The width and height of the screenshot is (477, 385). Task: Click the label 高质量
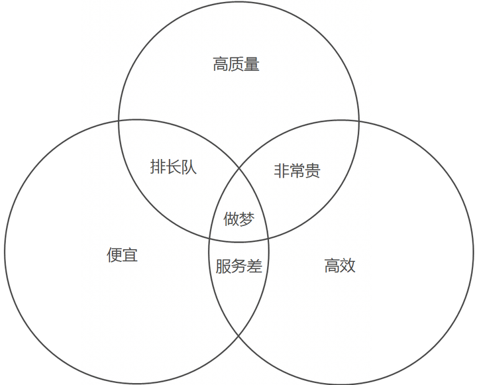point(236,64)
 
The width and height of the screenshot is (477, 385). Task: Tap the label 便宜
point(122,254)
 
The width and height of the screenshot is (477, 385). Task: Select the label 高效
point(340,266)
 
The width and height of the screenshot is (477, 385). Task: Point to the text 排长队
point(174,167)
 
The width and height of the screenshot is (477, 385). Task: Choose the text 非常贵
point(297,171)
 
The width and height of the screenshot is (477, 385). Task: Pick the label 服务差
point(238,266)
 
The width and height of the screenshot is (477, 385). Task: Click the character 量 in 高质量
point(252,64)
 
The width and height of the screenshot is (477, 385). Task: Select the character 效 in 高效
point(348,266)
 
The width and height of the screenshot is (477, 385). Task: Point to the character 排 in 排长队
point(158,167)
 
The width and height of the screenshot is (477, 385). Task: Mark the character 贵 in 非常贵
point(313,171)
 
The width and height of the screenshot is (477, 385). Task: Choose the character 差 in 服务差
point(254,266)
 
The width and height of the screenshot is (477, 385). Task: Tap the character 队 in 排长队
point(189,167)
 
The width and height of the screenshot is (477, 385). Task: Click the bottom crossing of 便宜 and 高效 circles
point(239,336)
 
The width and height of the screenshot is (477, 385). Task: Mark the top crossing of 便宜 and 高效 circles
point(239,168)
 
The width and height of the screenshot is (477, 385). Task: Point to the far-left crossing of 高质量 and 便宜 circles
point(119,121)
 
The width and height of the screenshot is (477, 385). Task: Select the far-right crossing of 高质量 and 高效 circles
point(358,121)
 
